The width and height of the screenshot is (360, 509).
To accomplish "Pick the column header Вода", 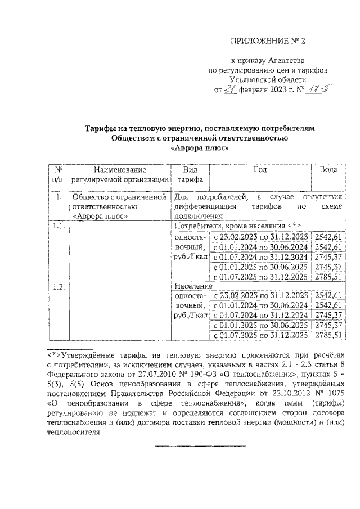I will (328, 169).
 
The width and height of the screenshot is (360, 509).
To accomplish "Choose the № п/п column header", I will (58, 174).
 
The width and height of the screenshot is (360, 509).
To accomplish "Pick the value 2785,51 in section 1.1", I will (328, 276).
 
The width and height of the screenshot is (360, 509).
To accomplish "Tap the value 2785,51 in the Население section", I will (328, 336).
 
